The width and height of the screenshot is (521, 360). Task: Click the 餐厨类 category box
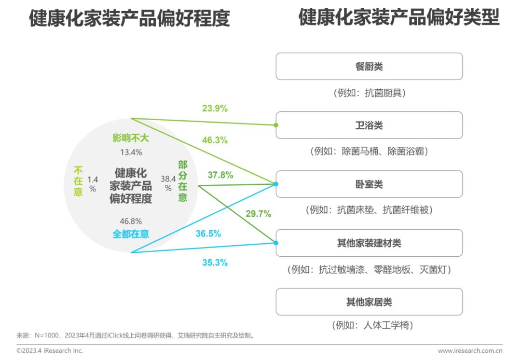click(369, 67)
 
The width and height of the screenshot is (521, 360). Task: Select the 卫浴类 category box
click(369, 125)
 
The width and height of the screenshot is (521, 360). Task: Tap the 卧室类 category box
click(369, 184)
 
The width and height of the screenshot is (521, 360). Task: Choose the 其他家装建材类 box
click(369, 243)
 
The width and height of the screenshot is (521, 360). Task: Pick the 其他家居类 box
click(369, 302)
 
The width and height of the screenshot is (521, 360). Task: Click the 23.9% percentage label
click(215, 109)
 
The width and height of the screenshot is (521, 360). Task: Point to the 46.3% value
click(215, 140)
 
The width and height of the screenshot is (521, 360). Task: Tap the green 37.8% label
click(220, 175)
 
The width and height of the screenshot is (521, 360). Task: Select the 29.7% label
click(258, 214)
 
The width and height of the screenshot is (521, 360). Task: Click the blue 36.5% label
click(208, 234)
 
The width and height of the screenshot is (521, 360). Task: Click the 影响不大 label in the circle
click(131, 138)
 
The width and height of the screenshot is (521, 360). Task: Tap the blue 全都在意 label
click(131, 234)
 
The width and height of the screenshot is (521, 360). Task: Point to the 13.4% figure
click(131, 152)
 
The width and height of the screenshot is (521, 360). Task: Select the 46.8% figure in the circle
click(131, 221)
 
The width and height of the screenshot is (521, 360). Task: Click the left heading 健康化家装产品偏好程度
click(129, 19)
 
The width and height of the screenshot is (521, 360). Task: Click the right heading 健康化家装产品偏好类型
click(398, 18)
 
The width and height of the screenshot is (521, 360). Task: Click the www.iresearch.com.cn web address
click(470, 351)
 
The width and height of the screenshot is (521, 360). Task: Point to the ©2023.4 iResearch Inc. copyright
click(50, 351)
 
